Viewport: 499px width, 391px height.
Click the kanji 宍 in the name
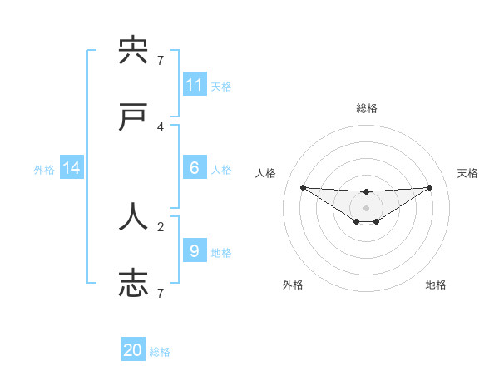pyautogui.click(x=133, y=52)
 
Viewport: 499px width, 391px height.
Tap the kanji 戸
pyautogui.click(x=133, y=119)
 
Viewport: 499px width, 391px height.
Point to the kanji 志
pyautogui.click(x=133, y=284)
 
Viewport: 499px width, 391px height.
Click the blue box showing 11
pyautogui.click(x=195, y=84)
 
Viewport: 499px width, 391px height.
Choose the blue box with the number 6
pyautogui.click(x=195, y=167)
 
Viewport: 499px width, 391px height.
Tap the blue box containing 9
pyautogui.click(x=195, y=250)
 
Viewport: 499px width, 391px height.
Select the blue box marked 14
pyautogui.click(x=72, y=168)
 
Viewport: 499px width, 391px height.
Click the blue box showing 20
pyautogui.click(x=133, y=350)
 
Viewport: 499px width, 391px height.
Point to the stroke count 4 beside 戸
pyautogui.click(x=161, y=126)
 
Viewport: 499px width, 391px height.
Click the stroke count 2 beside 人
pyautogui.click(x=161, y=225)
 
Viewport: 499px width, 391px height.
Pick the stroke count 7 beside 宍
pyautogui.click(x=161, y=60)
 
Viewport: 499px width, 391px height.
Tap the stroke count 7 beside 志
pyautogui.click(x=161, y=293)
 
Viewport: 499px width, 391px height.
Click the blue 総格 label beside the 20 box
pyautogui.click(x=160, y=352)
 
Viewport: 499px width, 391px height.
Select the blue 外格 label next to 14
pyautogui.click(x=44, y=170)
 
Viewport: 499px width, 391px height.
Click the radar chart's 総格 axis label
pyautogui.click(x=367, y=108)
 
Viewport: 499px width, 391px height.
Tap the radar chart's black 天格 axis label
pyautogui.click(x=468, y=173)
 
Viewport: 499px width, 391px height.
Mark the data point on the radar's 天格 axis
pyautogui.click(x=430, y=187)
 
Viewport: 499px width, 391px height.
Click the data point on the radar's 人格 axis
pyautogui.click(x=303, y=187)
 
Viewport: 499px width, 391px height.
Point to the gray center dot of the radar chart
pyautogui.click(x=367, y=208)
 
